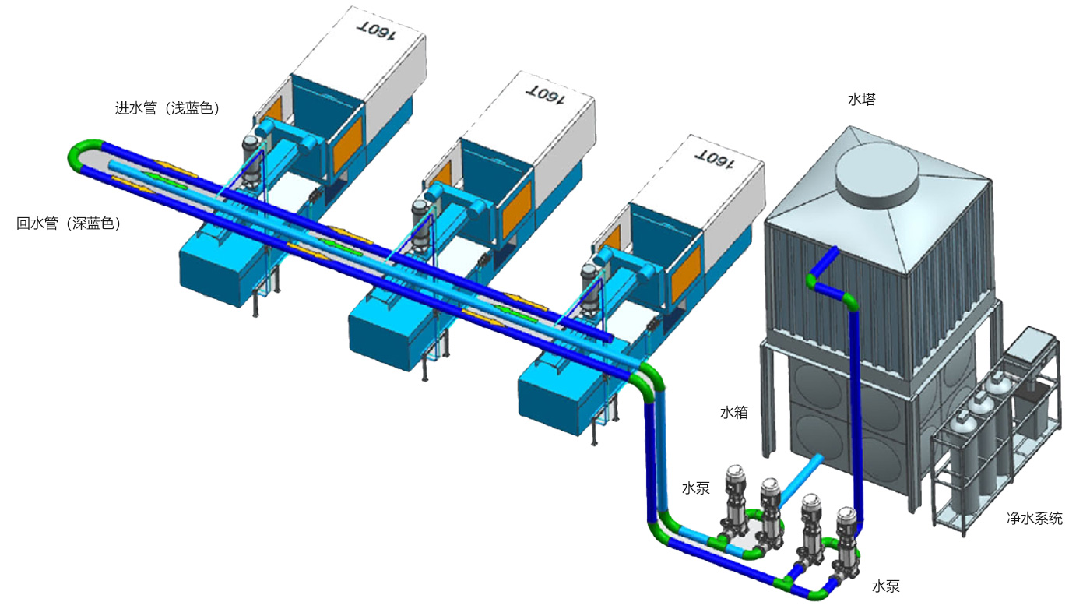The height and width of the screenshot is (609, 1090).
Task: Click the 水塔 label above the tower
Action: click(861, 100)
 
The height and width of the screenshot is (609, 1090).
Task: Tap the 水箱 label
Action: click(733, 412)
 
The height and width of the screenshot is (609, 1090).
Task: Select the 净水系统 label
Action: click(1035, 518)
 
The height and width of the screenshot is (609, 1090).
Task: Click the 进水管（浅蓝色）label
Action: click(167, 107)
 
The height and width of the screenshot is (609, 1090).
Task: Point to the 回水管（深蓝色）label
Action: click(69, 223)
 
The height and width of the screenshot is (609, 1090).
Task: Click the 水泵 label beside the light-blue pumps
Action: click(696, 488)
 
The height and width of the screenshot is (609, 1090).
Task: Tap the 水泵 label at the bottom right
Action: click(886, 586)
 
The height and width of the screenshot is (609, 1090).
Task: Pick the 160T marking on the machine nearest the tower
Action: click(714, 159)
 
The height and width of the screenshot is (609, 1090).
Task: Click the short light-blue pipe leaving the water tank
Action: click(800, 481)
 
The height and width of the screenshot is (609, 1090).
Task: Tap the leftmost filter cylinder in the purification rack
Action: click(962, 454)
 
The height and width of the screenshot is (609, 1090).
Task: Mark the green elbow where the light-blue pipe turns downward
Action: click(652, 376)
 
